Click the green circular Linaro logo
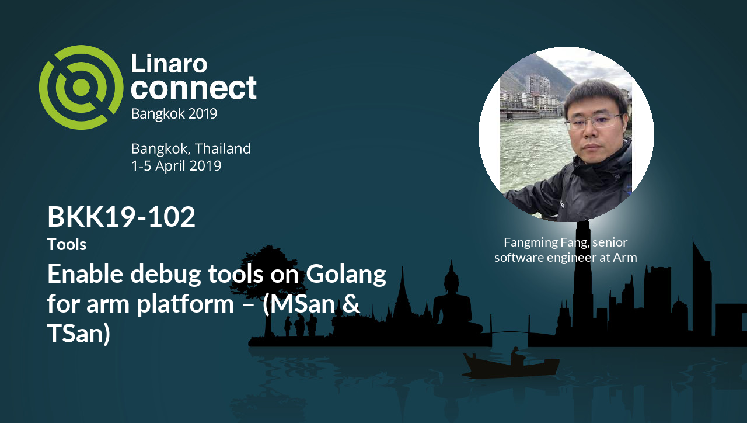click(x=81, y=87)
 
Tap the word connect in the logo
click(x=193, y=88)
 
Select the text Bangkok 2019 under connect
click(x=174, y=113)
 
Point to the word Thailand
click(x=224, y=148)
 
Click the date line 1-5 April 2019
click(x=176, y=166)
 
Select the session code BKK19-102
click(x=121, y=217)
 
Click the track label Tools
click(x=67, y=244)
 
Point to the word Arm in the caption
click(x=625, y=257)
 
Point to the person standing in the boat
click(x=515, y=355)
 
